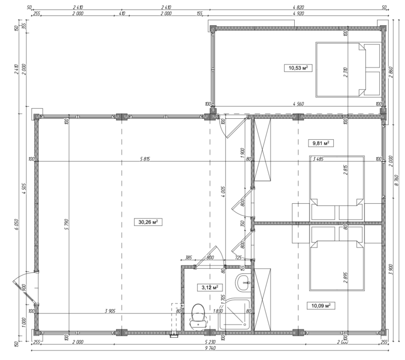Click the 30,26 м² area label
coord(149,223)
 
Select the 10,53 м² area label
coord(297,68)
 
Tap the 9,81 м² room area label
coord(321,143)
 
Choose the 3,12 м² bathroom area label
coord(209,287)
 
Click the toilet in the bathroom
coord(198,316)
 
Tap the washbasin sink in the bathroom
coord(245,282)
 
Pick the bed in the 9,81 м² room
coord(337,187)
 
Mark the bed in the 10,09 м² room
coord(337,259)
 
